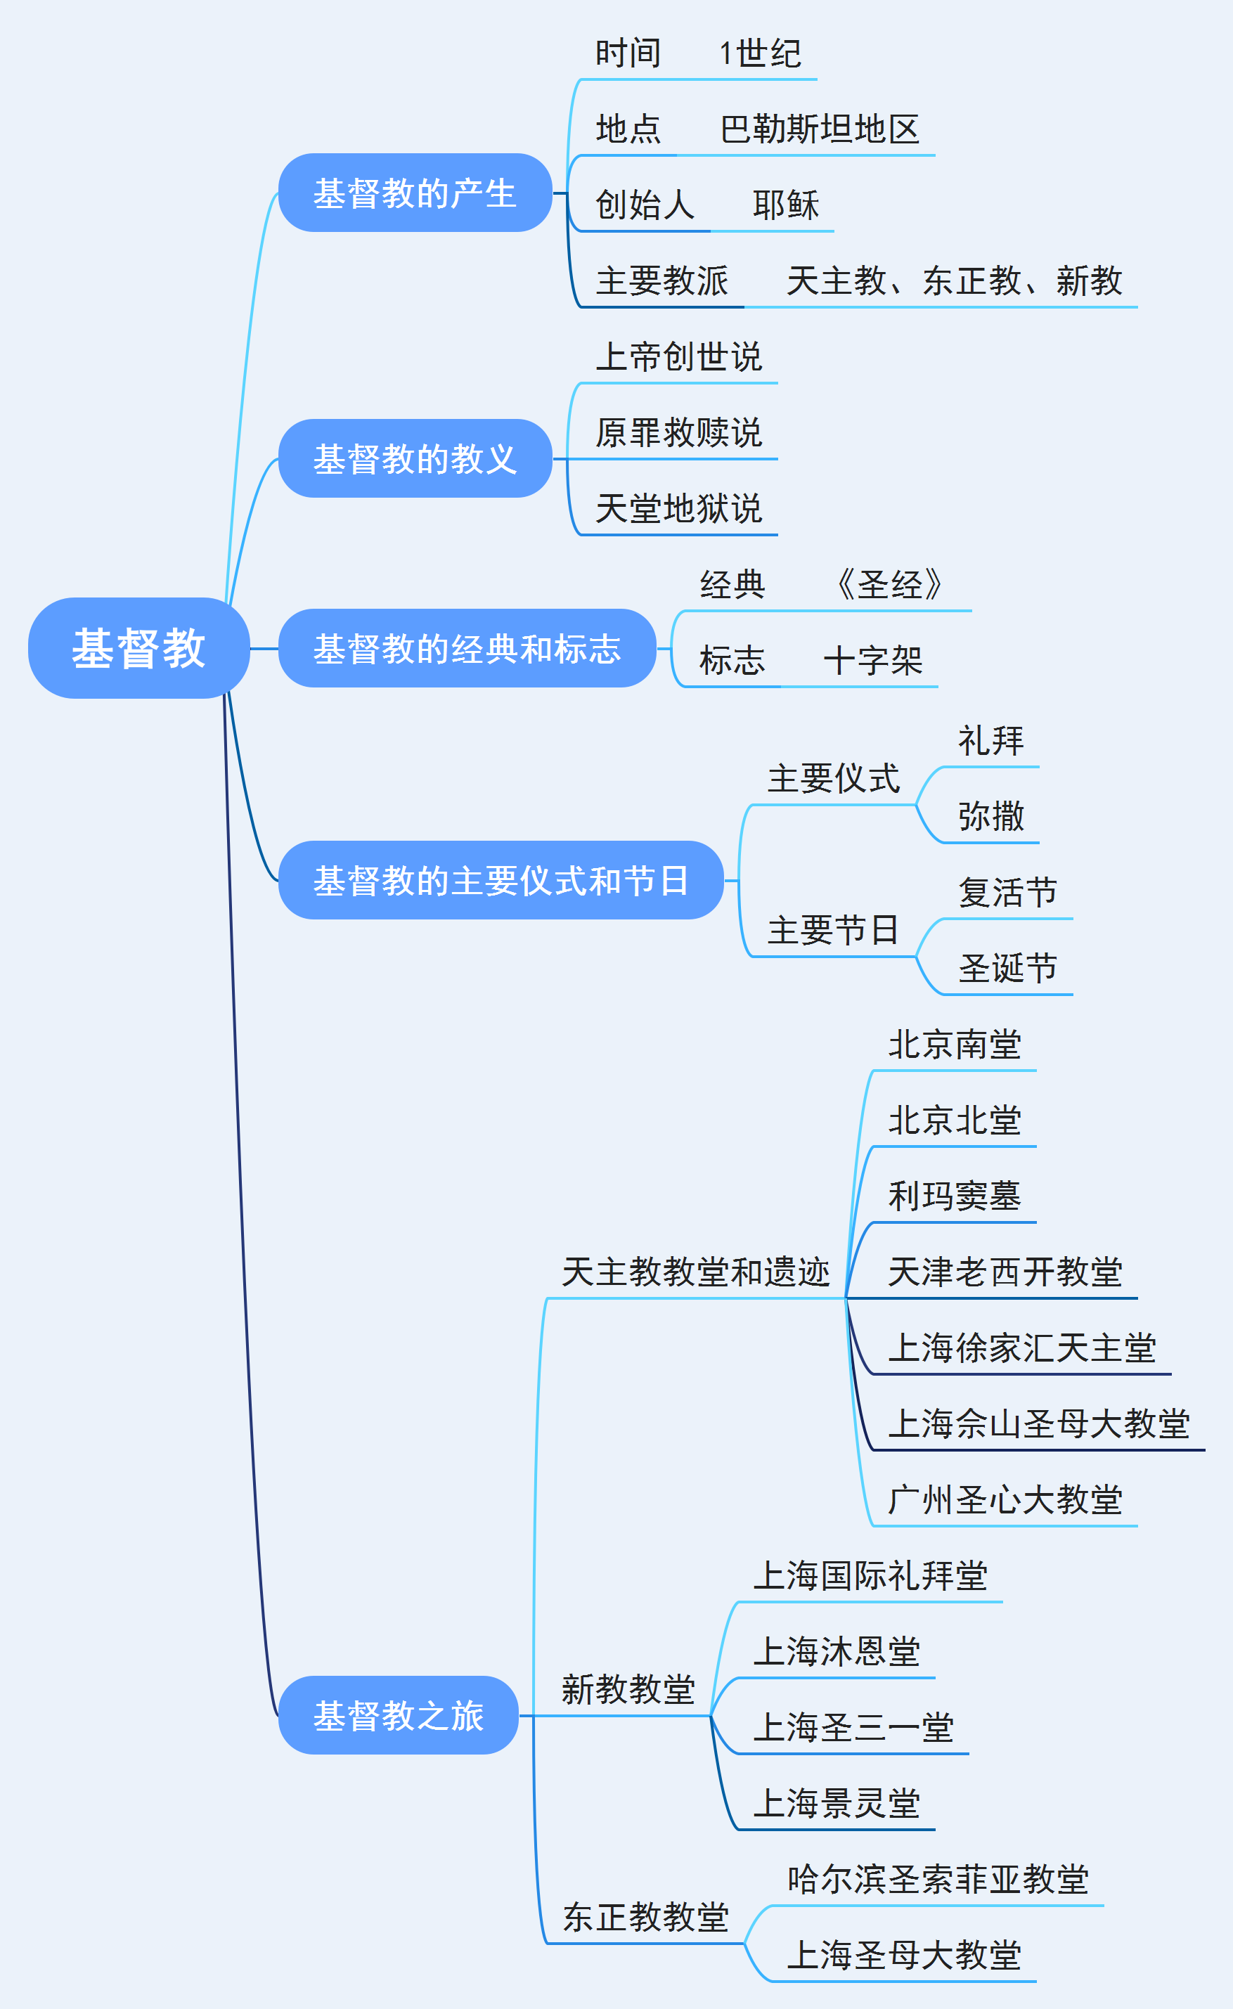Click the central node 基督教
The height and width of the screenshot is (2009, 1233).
tap(138, 648)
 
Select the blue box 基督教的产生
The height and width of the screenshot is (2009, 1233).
tap(415, 193)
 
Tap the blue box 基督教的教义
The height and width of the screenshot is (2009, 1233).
tap(415, 458)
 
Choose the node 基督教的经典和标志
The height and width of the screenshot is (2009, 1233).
tap(467, 648)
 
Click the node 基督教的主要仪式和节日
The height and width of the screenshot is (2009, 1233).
tap(501, 881)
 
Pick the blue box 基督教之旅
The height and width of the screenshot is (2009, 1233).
tap(398, 1715)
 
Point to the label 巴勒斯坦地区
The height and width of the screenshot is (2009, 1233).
tap(820, 129)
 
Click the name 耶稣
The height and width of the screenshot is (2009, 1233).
tap(785, 205)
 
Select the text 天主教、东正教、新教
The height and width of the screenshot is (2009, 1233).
tap(954, 280)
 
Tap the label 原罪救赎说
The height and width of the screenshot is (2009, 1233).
tap(678, 432)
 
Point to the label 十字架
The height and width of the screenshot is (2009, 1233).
tap(872, 661)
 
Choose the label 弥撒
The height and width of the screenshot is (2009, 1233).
tap(990, 816)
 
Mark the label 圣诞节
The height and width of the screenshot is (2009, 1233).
tap(1008, 968)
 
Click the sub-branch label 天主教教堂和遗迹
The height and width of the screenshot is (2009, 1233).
tap(696, 1272)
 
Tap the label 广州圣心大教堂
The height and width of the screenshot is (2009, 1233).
tap(1005, 1499)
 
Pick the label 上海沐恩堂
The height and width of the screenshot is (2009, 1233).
tap(837, 1651)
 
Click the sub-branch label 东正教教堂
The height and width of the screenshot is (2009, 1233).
tap(645, 1917)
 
